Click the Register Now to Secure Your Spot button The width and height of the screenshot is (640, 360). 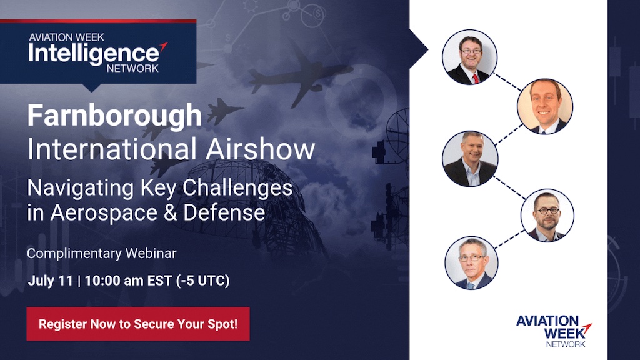tap(138, 324)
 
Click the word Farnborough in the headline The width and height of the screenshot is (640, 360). tap(115, 116)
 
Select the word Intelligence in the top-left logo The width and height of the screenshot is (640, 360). tap(94, 54)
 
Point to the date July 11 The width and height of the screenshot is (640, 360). tap(50, 281)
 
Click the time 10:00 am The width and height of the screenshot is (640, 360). tap(114, 281)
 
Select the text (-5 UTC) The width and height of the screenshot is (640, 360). tap(203, 281)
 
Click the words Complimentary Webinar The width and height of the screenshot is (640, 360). tap(102, 254)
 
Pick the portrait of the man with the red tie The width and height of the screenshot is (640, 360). tap(470, 57)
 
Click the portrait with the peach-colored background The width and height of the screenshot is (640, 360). tap(545, 106)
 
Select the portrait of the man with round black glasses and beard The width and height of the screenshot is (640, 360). tap(547, 215)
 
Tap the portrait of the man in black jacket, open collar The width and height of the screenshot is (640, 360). tap(470, 159)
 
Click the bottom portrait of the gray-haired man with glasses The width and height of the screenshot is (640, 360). tap(471, 263)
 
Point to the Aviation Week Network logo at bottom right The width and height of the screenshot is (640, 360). tap(554, 331)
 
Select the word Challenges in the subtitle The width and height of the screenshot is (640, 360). tap(237, 189)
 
